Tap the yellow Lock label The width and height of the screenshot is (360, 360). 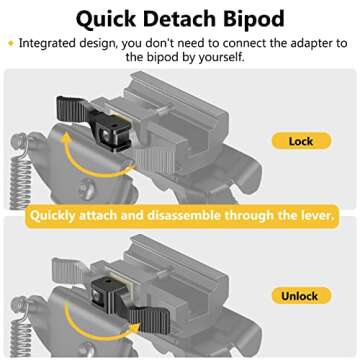point(301,142)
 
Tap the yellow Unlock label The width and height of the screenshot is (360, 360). point(301,297)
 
